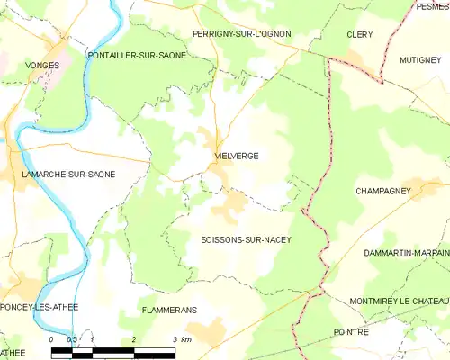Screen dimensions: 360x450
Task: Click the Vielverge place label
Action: click(x=238, y=156)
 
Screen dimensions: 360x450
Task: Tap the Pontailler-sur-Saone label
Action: click(x=137, y=56)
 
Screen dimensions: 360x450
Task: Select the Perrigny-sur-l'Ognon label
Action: click(x=242, y=33)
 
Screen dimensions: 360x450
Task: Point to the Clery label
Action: click(x=360, y=34)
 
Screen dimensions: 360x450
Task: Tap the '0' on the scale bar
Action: click(x=52, y=339)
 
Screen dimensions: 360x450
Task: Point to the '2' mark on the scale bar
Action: click(x=133, y=339)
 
